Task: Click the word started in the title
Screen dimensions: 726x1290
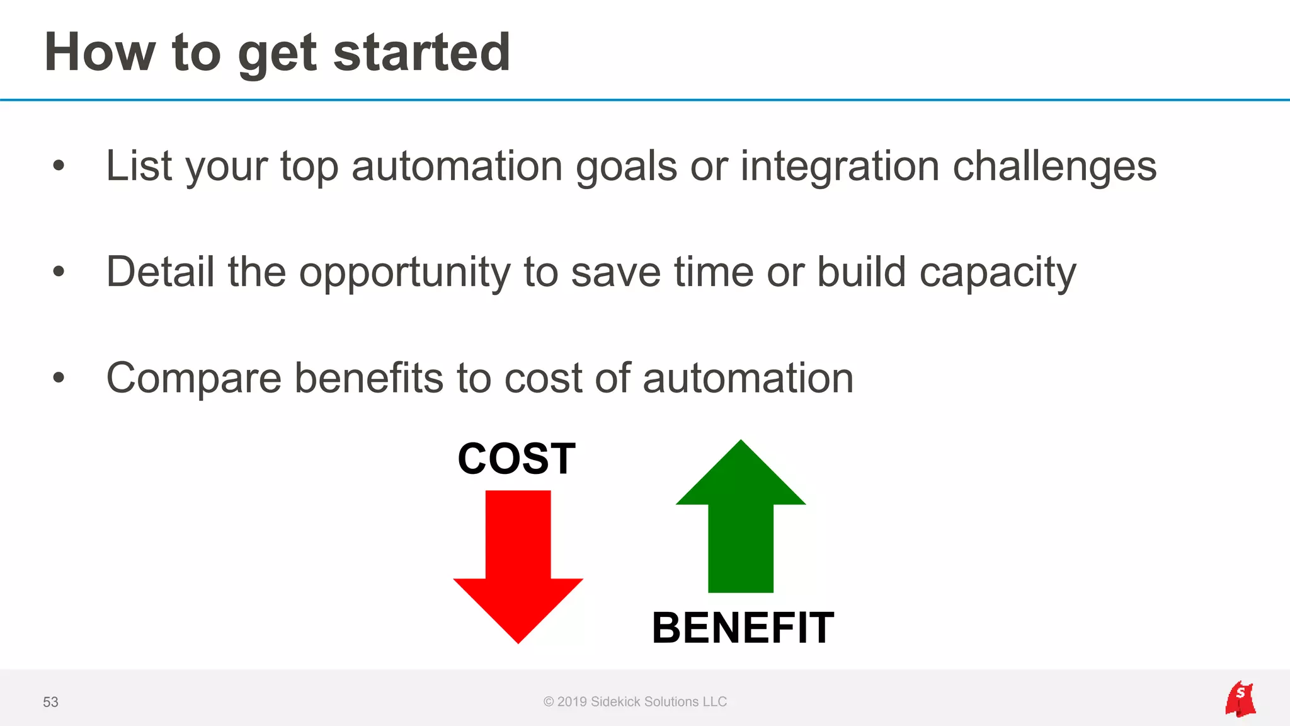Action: tap(421, 52)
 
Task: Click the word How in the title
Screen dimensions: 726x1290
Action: tap(100, 52)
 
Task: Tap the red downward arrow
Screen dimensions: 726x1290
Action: tap(518, 567)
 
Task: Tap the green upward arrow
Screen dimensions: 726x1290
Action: tap(741, 517)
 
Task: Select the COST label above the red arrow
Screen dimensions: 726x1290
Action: tap(517, 459)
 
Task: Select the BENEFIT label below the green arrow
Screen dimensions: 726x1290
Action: tap(743, 628)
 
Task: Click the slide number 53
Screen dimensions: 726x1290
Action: tap(50, 702)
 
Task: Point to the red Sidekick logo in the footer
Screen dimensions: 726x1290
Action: tap(1240, 700)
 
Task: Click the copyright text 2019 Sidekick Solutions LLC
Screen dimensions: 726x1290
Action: tap(635, 701)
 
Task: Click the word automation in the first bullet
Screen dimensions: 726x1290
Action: tap(457, 166)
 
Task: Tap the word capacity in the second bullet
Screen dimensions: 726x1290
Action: tap(997, 273)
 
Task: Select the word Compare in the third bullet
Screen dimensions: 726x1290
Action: tap(193, 379)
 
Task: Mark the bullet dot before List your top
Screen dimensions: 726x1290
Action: tap(59, 166)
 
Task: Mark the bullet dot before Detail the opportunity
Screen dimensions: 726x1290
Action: tap(59, 272)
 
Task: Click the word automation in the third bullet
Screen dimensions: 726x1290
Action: tap(748, 378)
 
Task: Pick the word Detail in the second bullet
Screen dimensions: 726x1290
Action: tap(160, 272)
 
